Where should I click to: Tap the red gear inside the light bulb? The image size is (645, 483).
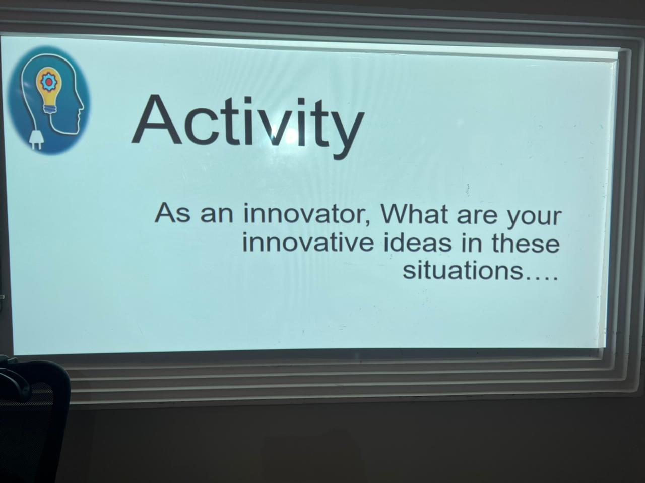(47, 82)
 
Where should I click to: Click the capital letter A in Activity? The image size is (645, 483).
(156, 120)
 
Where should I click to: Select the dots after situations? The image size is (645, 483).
(541, 277)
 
